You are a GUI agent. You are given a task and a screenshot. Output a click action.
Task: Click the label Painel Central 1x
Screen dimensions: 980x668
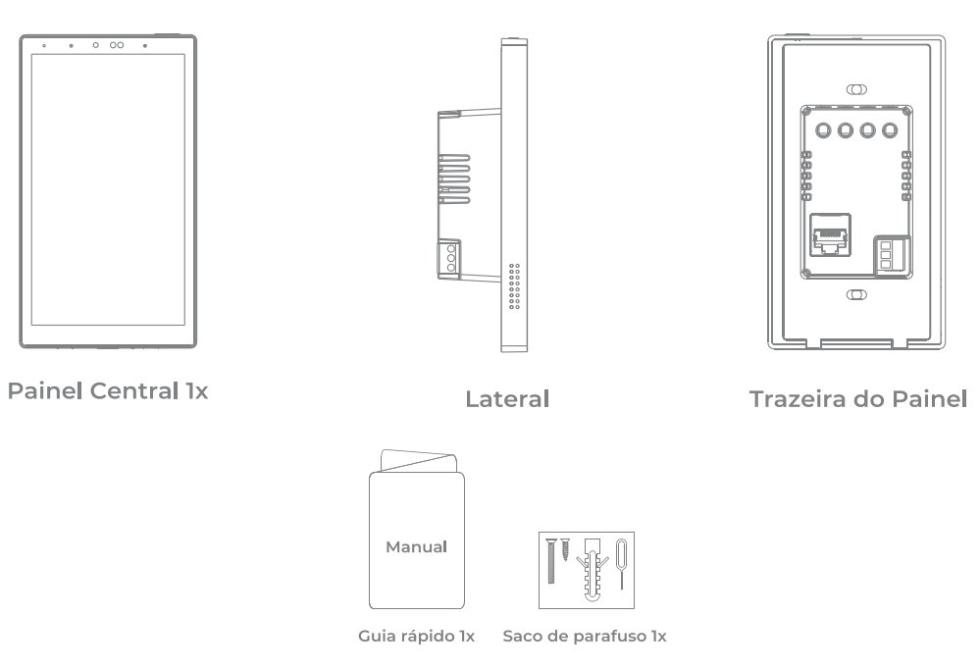pos(108,390)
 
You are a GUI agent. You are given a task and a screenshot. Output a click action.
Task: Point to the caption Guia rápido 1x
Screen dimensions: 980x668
pos(418,637)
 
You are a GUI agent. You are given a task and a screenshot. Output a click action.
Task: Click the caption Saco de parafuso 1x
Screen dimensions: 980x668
pos(584,637)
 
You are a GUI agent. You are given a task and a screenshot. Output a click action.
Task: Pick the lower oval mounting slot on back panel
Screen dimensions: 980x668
pos(855,294)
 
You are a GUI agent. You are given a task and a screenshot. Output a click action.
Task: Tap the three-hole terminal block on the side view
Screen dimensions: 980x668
pos(452,258)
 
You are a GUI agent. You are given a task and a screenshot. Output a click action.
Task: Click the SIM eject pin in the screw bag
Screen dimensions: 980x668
pos(620,564)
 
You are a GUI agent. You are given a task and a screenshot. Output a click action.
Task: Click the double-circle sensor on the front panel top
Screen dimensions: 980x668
pos(116,46)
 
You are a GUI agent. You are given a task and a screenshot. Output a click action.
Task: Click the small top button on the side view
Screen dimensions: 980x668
pos(515,40)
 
